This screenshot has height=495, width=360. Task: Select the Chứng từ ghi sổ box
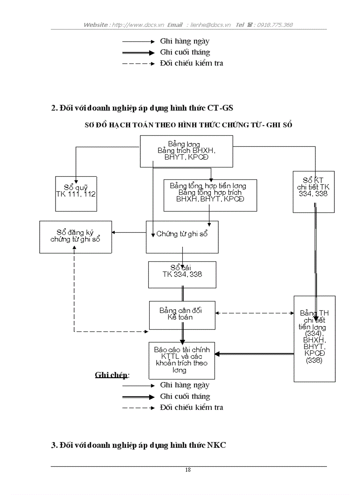182,237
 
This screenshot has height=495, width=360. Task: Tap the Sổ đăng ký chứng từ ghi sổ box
75,237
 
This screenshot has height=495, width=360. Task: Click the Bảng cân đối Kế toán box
182,315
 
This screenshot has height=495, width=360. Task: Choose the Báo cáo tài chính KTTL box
182,360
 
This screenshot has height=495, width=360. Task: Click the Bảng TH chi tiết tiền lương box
315,338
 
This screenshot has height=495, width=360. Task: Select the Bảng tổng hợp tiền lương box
210,195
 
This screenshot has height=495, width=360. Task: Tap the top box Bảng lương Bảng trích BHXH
186,151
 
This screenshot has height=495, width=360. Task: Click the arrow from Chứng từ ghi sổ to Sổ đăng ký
129,232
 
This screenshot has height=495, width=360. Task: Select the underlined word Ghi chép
112,375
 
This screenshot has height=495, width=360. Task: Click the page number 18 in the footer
188,470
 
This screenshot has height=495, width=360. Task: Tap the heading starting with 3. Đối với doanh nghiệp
139,445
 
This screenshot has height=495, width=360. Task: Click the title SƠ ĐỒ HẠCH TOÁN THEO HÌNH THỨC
188,125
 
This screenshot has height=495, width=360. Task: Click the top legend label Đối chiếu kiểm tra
191,63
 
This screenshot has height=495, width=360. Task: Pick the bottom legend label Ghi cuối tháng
185,396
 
